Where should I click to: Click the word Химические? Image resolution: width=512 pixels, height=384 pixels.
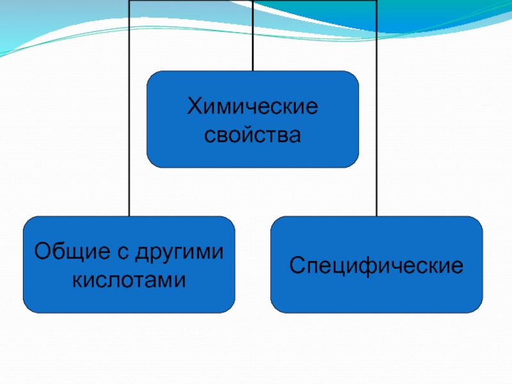pyautogui.click(x=252, y=107)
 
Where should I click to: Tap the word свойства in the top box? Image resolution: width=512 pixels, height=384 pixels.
pyautogui.click(x=252, y=134)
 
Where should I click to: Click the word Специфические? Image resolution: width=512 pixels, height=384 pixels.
pyautogui.click(x=376, y=264)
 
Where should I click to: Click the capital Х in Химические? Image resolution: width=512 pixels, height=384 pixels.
pyautogui.click(x=193, y=107)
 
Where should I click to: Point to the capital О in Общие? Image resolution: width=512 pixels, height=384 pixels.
pyautogui.click(x=42, y=252)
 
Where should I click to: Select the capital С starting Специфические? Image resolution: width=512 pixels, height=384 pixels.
pyautogui.click(x=296, y=264)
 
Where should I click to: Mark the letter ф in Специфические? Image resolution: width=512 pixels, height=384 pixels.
pyautogui.click(x=373, y=265)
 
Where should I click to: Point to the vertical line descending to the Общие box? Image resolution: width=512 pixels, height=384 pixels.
pyautogui.click(x=130, y=128)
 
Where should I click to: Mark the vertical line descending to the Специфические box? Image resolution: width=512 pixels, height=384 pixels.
pyautogui.click(x=377, y=128)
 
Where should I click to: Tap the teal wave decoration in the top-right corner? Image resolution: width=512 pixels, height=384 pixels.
pyautogui.click(x=448, y=19)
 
